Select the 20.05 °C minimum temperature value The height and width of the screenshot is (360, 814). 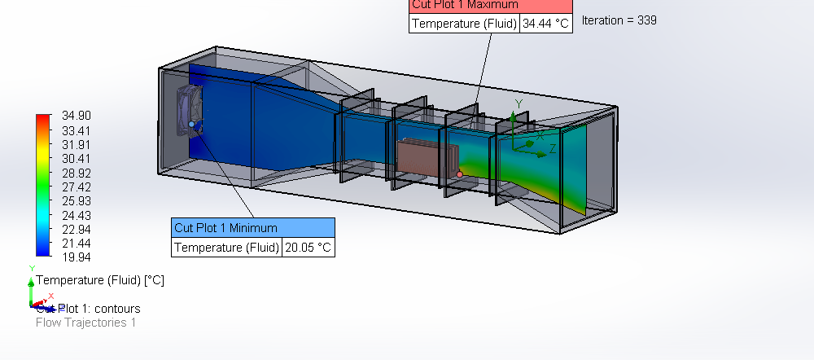[308, 247]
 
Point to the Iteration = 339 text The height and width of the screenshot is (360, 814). [619, 20]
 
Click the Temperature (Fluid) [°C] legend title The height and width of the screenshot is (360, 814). [100, 280]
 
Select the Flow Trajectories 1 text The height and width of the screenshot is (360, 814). [85, 323]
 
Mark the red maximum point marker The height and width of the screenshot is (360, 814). [460, 174]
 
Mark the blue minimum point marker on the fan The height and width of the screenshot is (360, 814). [192, 124]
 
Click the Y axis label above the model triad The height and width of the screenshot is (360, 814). [519, 103]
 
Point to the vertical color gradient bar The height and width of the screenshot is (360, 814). [43, 186]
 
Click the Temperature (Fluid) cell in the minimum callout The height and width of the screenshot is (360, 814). [226, 247]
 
